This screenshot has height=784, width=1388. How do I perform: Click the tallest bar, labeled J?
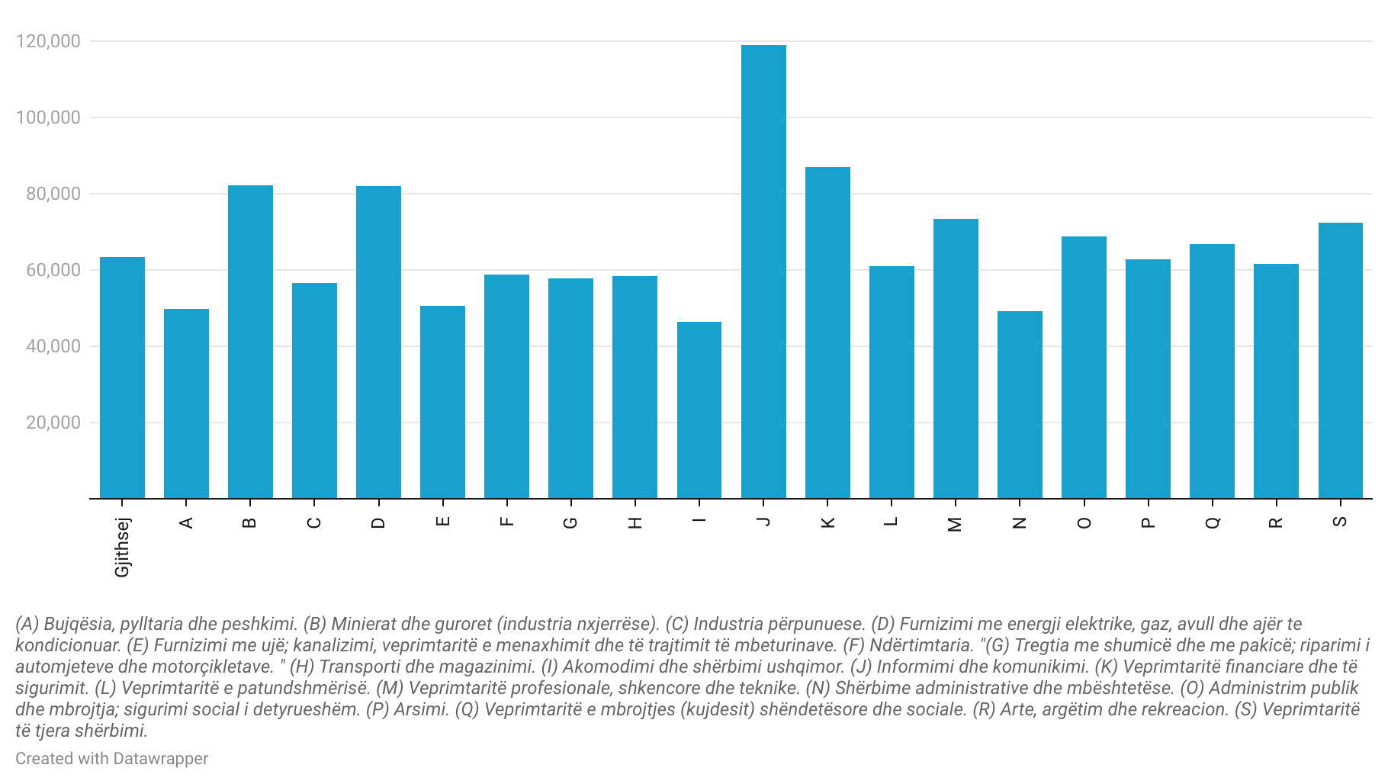[x=763, y=272]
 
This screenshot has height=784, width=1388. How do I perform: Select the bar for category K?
[x=827, y=333]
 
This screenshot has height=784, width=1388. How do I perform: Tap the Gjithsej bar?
[x=122, y=378]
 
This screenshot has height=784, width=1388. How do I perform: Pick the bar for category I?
[x=699, y=410]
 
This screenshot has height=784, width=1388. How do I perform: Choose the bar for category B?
[x=250, y=342]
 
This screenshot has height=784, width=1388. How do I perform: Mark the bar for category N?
[x=1020, y=405]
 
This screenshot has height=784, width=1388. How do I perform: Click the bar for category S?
[x=1341, y=361]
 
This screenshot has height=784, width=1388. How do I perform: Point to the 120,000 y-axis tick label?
[x=48, y=41]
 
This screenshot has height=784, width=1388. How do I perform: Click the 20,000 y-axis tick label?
[x=53, y=423]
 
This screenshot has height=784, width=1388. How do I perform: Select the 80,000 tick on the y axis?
[x=53, y=194]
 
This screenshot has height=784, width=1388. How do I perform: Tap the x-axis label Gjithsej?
[x=122, y=547]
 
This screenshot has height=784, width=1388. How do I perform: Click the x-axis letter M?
[x=955, y=523]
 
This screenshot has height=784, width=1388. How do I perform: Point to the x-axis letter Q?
[x=1213, y=522]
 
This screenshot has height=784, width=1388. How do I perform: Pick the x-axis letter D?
[x=378, y=522]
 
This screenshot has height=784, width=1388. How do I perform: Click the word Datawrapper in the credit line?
[x=160, y=759]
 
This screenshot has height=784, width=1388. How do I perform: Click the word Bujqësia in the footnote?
[x=79, y=625]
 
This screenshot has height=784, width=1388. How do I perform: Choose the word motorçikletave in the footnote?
[x=216, y=667]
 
